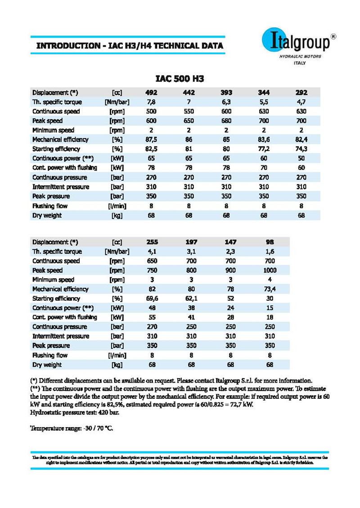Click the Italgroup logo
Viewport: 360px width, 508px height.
pos(298,45)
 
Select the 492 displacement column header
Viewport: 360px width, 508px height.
pos(151,93)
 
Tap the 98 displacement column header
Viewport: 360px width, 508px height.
pos(270,242)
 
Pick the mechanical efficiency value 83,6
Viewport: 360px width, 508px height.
pos(264,140)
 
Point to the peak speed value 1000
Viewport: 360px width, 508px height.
pos(270,271)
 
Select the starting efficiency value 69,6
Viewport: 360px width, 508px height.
pos(151,299)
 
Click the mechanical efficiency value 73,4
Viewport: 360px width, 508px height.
pos(270,289)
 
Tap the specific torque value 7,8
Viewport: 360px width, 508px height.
pos(151,102)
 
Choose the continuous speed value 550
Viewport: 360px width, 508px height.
pos(189,111)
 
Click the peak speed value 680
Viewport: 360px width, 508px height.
pos(226,121)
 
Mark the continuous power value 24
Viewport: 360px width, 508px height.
pos(230,308)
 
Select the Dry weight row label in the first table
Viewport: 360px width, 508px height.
pos(47,215)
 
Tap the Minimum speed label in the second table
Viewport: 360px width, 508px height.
pos(52,280)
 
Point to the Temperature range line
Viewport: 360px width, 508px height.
pos(72,428)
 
